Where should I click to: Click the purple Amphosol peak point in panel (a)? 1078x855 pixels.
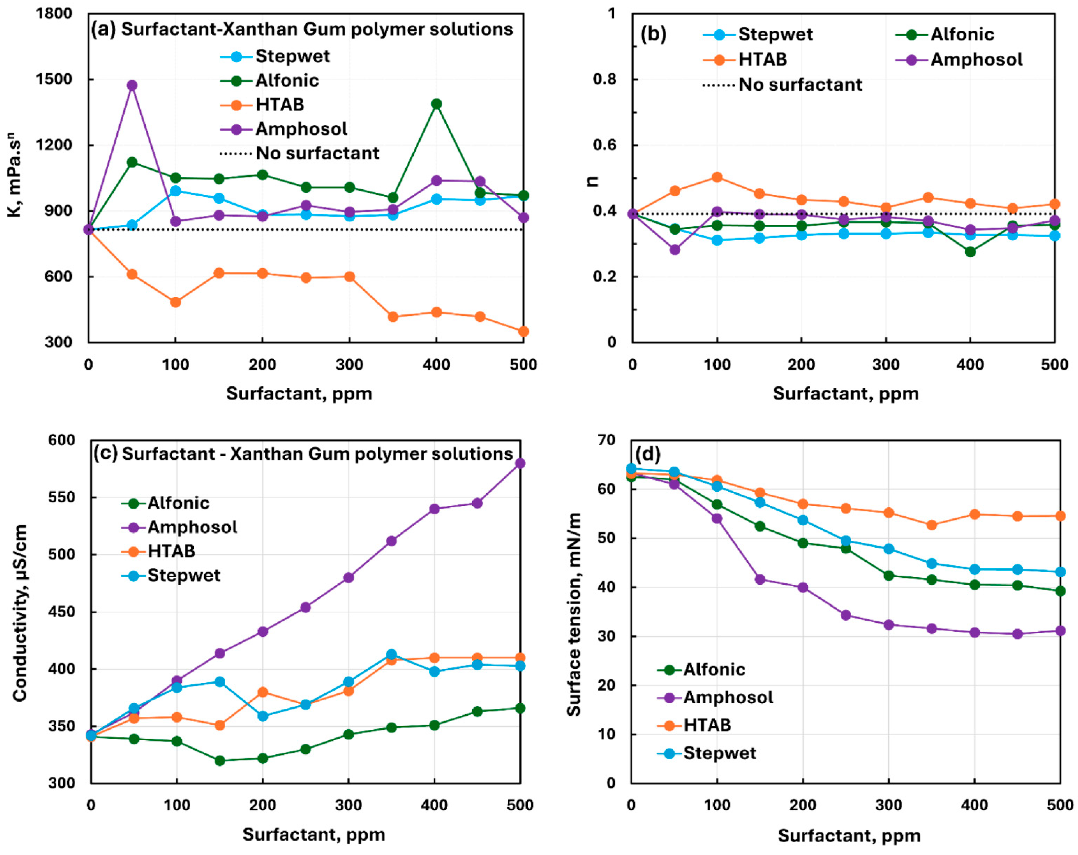132,85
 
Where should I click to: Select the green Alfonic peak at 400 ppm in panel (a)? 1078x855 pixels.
437,104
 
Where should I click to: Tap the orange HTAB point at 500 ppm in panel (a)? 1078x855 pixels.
523,332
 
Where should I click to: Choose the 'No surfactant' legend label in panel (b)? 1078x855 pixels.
800,85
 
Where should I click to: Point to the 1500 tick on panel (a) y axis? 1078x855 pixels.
54,79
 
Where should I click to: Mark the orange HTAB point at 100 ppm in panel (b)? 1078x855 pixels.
717,177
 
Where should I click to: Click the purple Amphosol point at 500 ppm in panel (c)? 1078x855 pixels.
520,463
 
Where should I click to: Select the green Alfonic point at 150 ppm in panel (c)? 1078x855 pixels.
219,760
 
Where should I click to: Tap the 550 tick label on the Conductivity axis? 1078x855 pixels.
61,497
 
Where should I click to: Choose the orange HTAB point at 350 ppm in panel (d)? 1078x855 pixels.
931,525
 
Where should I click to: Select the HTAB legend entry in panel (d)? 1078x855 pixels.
706,725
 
